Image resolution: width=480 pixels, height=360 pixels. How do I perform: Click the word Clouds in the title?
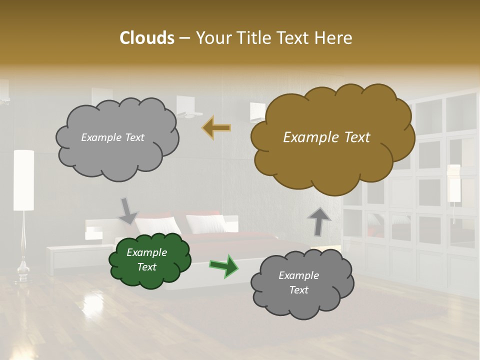click(146, 38)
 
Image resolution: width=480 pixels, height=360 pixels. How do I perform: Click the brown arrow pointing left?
click(216, 128)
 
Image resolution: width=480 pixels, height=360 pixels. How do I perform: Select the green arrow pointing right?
click(224, 266)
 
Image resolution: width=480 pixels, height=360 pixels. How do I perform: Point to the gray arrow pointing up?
click(319, 221)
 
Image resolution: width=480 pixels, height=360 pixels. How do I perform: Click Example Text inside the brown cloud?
click(326, 137)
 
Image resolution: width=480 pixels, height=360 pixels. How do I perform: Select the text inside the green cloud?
click(147, 260)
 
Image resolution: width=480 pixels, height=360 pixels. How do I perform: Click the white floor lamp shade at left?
click(23, 180)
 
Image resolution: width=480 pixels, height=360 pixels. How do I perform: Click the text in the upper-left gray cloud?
click(112, 137)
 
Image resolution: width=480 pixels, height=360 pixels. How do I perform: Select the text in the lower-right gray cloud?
click(298, 282)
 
